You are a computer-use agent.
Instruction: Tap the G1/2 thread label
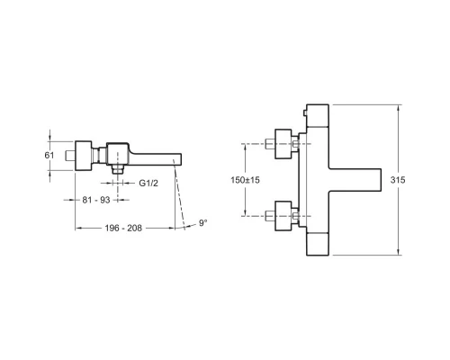[149, 184]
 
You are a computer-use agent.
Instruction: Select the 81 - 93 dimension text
[95, 199]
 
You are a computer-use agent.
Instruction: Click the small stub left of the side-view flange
[69, 155]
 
